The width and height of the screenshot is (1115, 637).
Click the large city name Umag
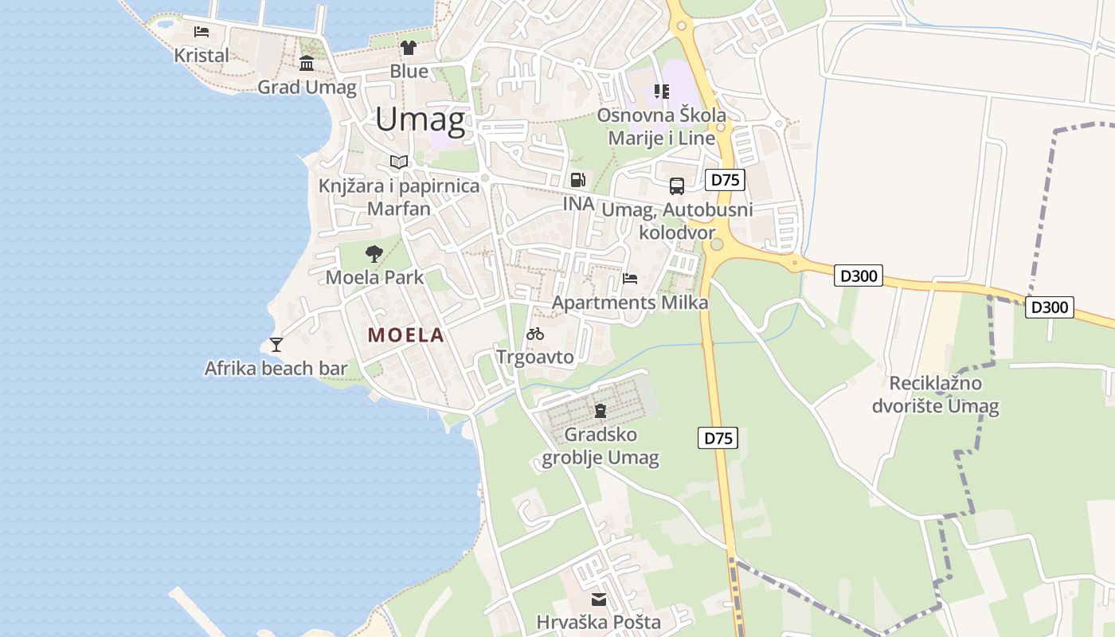pyautogui.click(x=420, y=119)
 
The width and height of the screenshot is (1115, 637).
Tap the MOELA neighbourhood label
pyautogui.click(x=405, y=335)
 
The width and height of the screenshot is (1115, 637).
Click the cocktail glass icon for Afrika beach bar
pyautogui.click(x=276, y=345)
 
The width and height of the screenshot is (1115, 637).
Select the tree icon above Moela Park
pyautogui.click(x=374, y=254)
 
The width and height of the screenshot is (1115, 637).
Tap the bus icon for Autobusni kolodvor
pyautogui.click(x=677, y=186)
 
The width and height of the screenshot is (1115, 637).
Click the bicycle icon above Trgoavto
pyautogui.click(x=535, y=334)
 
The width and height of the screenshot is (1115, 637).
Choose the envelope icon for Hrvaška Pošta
pyautogui.click(x=598, y=599)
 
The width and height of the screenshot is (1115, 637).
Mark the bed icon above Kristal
pyautogui.click(x=201, y=32)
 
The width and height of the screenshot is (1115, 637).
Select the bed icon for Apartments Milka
pyautogui.click(x=630, y=279)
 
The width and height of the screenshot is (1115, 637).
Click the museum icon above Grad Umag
pyautogui.click(x=307, y=63)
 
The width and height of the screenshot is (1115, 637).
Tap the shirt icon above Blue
pyautogui.click(x=409, y=48)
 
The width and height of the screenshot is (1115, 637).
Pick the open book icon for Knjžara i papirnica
pyautogui.click(x=399, y=162)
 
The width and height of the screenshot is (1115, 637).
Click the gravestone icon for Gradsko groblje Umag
pyautogui.click(x=600, y=411)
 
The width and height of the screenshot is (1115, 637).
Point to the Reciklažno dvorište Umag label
pyautogui.click(x=935, y=395)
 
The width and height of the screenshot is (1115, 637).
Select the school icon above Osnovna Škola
pyautogui.click(x=662, y=92)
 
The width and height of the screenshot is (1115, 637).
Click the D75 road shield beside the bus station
pyautogui.click(x=725, y=180)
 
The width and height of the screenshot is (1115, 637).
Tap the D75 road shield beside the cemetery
pyautogui.click(x=718, y=438)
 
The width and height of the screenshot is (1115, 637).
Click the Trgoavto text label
pyautogui.click(x=535, y=357)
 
